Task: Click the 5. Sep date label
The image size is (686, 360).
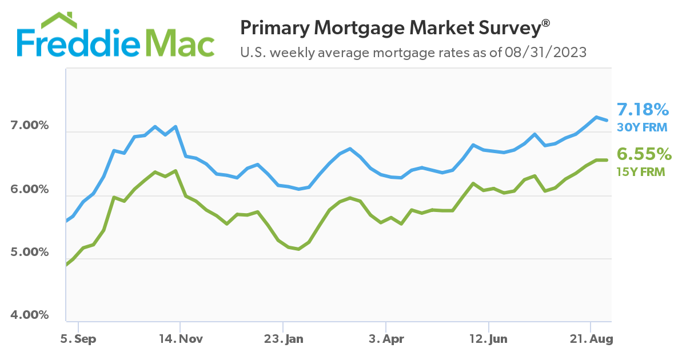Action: [78, 339]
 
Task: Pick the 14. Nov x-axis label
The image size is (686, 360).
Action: [181, 339]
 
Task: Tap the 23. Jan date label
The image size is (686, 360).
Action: [284, 339]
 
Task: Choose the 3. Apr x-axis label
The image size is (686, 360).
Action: [386, 339]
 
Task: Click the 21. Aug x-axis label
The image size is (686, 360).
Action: [592, 339]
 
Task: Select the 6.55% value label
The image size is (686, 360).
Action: [643, 154]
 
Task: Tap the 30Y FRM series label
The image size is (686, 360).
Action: [641, 127]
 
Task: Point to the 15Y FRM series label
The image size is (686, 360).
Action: [641, 171]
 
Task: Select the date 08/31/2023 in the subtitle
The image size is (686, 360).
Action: [545, 53]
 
